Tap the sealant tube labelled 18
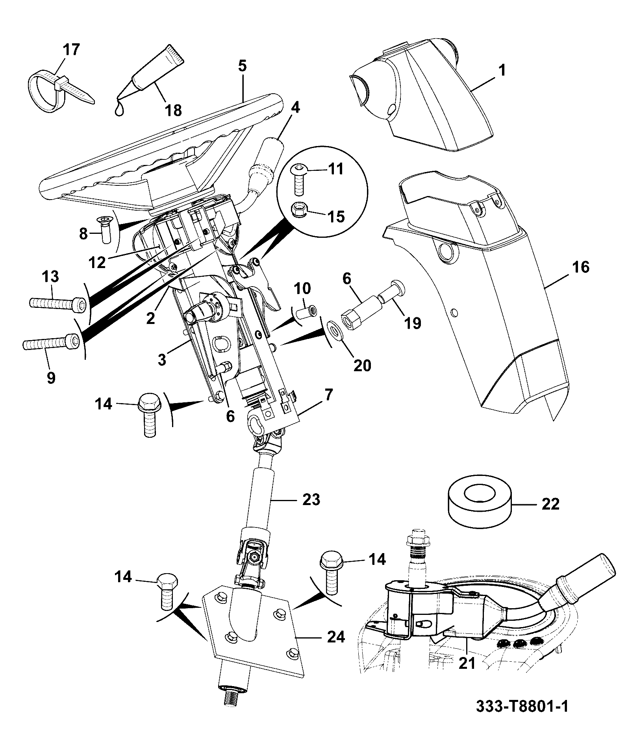(x=152, y=77)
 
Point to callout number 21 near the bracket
(x=467, y=663)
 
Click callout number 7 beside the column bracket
(x=328, y=394)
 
